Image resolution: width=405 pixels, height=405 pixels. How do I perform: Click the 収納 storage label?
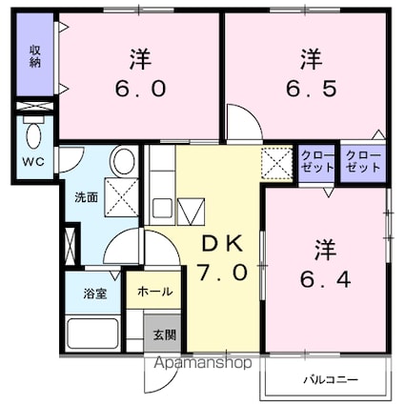coord(34,56)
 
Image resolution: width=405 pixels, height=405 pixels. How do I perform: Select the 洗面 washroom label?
coord(86,197)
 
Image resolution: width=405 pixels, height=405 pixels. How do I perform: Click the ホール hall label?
coord(154,291)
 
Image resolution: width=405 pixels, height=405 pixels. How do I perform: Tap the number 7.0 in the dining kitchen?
coord(223,273)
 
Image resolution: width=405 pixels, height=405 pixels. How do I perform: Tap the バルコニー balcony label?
coord(331,379)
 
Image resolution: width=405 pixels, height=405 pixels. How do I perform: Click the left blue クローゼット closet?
coord(316,162)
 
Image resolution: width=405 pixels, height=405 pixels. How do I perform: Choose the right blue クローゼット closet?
coord(363,162)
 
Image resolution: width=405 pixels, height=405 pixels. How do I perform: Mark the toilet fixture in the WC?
coord(33,132)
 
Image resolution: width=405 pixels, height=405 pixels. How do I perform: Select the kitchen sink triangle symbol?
coord(190,208)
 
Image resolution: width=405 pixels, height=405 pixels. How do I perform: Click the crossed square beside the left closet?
coord(278,162)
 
